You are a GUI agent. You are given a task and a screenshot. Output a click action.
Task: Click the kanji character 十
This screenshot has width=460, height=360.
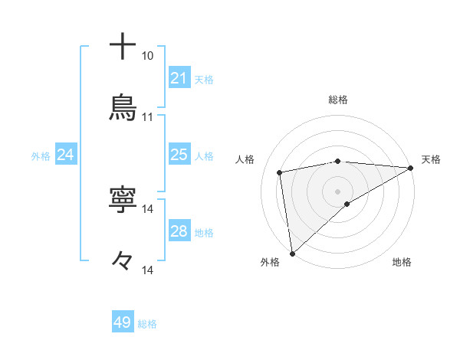tap(123, 47)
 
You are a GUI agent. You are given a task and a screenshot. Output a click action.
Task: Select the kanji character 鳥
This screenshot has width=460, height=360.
tap(123, 107)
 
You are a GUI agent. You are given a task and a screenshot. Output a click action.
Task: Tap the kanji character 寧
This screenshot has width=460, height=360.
tap(123, 200)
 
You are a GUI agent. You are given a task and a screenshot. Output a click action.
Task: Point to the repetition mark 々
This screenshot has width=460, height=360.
tap(123, 261)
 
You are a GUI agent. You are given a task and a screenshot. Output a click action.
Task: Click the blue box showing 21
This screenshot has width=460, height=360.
tap(179, 78)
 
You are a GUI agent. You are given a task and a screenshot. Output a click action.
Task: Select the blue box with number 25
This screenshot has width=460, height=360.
tap(179, 155)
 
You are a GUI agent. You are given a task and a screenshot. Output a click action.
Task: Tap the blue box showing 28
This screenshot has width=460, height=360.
tap(179, 231)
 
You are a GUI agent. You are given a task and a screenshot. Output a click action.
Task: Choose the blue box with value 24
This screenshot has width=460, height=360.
tap(65, 155)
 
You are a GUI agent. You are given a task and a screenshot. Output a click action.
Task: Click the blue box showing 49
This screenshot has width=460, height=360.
tap(123, 322)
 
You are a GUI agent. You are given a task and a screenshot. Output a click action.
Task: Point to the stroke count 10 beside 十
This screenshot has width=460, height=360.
tap(147, 56)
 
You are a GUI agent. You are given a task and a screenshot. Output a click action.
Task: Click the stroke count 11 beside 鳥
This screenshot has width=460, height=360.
tap(147, 117)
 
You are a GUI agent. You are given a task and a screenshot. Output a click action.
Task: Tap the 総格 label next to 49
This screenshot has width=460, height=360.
tap(148, 324)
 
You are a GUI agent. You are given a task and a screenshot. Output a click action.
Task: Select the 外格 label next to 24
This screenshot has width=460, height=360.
tap(41, 155)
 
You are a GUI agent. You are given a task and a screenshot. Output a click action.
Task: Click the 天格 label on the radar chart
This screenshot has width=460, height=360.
tap(431, 159)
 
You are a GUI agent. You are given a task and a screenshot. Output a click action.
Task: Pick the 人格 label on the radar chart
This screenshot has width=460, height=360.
tap(245, 159)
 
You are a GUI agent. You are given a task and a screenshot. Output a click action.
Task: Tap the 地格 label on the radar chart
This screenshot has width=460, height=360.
tap(402, 262)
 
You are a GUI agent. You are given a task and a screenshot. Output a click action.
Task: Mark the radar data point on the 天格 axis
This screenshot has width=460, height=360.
tap(412, 168)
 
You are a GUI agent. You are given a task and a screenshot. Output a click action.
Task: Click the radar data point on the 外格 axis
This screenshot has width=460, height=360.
tap(292, 253)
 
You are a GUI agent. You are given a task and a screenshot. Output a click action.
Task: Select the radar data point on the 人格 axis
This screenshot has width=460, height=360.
tap(280, 172)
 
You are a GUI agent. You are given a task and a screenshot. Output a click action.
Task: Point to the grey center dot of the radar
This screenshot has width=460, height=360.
tap(338, 191)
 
